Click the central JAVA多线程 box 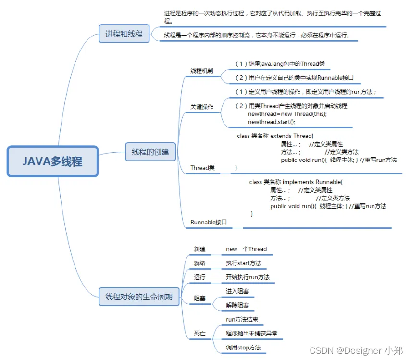coord(52,161)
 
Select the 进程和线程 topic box coord(124,34)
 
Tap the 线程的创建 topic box coord(150,151)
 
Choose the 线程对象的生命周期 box coord(139,297)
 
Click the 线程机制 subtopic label coord(201,71)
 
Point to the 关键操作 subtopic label coord(201,107)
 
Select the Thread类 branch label coord(202,168)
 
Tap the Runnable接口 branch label coord(209,222)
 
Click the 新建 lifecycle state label coord(199,249)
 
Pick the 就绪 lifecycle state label coord(199,263)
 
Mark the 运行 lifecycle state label coord(199,277)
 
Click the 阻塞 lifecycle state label coord(199,298)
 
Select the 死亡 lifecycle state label coord(199,334)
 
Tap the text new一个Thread coord(246,249)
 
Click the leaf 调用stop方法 coord(243,348)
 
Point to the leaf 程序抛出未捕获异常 coord(251,334)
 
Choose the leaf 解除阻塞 coord(237,305)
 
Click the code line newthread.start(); coord(272,122)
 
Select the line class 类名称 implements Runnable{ coord(296,182)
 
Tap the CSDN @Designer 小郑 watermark coord(356,350)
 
